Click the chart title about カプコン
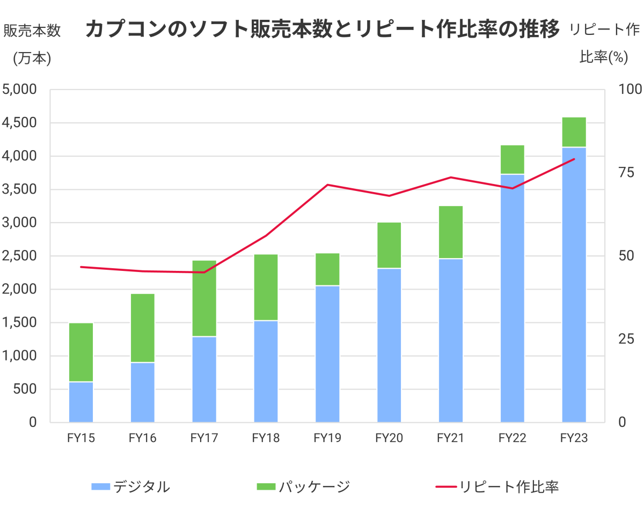tap(322, 30)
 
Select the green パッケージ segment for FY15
tap(81, 352)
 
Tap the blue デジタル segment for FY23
tap(574, 284)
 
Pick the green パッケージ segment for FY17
tap(204, 298)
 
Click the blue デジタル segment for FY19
tap(327, 354)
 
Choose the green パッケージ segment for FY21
tap(450, 232)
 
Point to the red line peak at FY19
tap(327, 185)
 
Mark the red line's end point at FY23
tap(574, 159)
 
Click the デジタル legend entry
tap(131, 487)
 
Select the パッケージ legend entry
tap(303, 487)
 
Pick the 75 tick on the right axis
tap(626, 173)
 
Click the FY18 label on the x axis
tap(266, 438)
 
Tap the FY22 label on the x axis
tap(512, 438)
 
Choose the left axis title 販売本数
tap(32, 31)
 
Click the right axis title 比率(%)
tap(604, 57)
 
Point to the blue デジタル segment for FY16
tap(143, 392)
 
